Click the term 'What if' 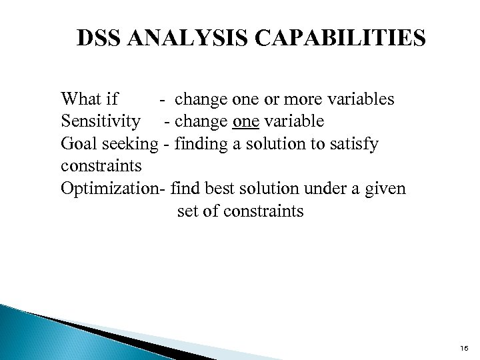tap(89, 99)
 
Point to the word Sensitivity tap(101, 122)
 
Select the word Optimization tap(110, 190)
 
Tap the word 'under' tap(319, 190)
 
